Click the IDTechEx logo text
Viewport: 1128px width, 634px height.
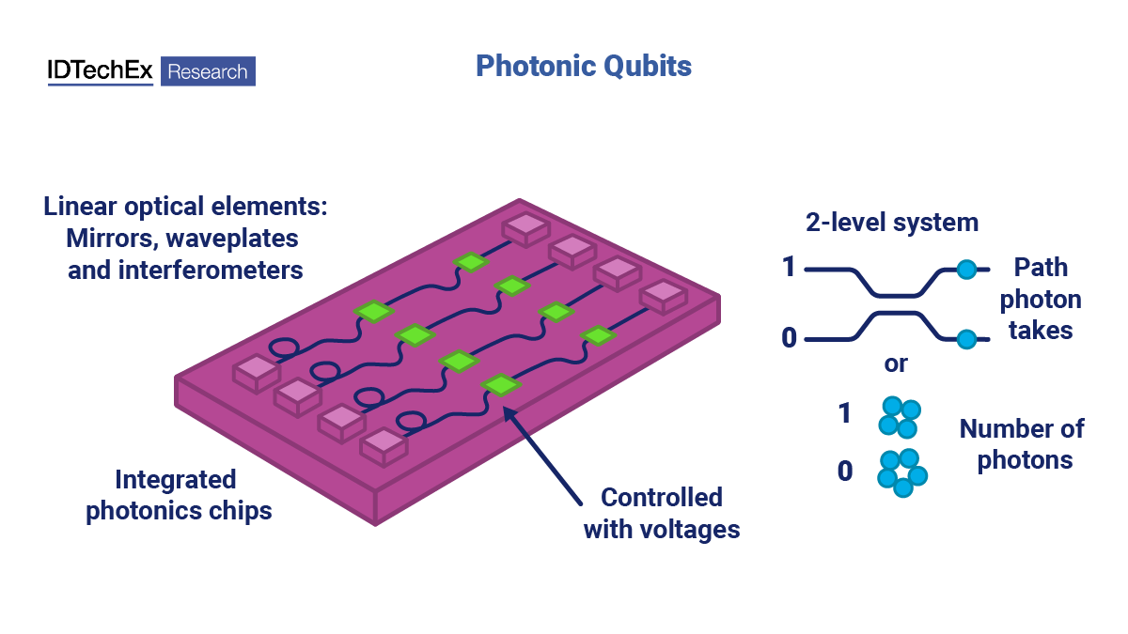(x=100, y=71)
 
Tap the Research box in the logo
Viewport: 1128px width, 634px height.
(x=208, y=71)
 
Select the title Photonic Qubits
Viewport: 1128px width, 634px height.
(x=583, y=66)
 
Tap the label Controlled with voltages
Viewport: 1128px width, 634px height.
(x=661, y=513)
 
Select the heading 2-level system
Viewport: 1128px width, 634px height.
(x=891, y=223)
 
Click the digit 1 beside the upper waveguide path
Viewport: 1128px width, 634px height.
(x=788, y=269)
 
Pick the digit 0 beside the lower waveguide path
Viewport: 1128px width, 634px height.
(x=788, y=336)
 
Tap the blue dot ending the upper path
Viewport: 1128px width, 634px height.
(x=965, y=271)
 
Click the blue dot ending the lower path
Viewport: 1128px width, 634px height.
(x=965, y=339)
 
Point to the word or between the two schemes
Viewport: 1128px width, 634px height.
(x=896, y=363)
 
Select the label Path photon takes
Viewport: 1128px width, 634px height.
(x=1040, y=300)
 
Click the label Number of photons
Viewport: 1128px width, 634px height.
(x=1023, y=444)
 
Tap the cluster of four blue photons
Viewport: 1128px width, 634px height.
(x=899, y=417)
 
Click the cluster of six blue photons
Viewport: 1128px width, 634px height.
(x=901, y=472)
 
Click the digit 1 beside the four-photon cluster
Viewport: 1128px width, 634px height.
(x=844, y=413)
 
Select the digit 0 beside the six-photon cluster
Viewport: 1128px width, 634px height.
(x=844, y=471)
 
